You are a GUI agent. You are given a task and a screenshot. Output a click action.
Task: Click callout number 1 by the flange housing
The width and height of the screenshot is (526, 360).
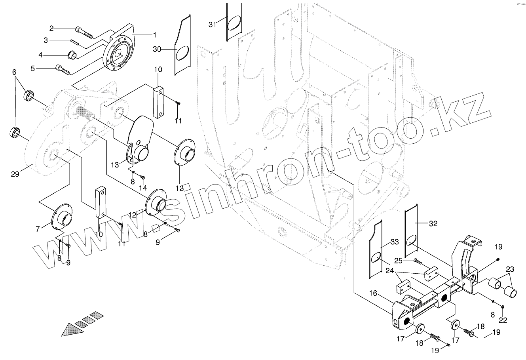[x=155, y=34]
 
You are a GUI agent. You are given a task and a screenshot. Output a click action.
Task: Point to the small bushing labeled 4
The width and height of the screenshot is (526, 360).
[x=72, y=55]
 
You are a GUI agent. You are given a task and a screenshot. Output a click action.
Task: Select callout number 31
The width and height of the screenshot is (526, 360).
[x=213, y=25]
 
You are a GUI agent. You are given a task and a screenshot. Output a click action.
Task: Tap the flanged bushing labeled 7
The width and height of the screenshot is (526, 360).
[x=62, y=217]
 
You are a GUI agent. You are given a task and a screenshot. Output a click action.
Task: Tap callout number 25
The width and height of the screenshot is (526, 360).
[x=398, y=261]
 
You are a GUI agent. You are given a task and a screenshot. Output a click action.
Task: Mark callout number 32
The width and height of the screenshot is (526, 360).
[x=433, y=223]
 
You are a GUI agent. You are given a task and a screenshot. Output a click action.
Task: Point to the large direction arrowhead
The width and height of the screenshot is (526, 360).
[x=73, y=329]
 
